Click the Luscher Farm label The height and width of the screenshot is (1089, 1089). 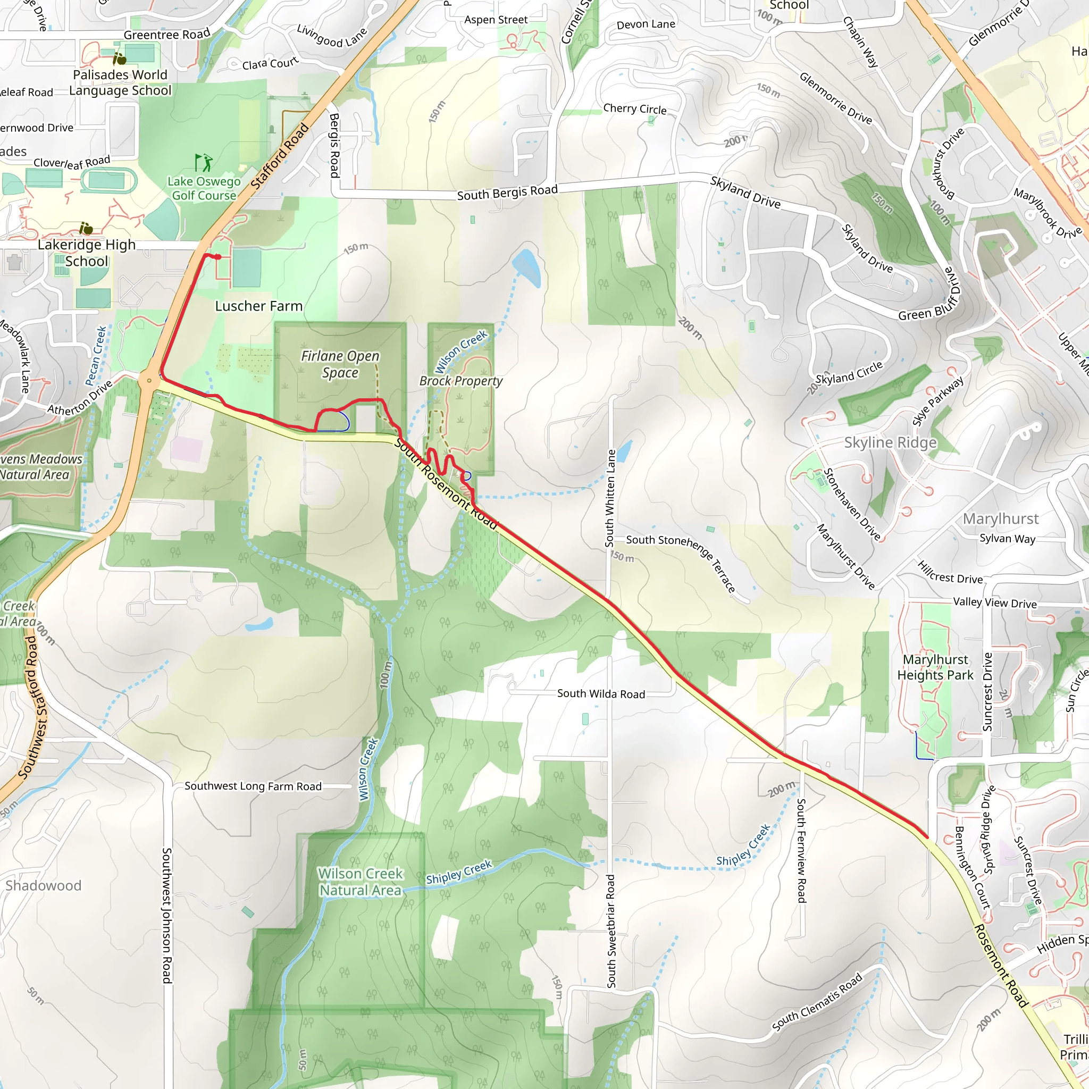[259, 306]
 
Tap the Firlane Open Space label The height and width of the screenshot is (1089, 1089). [340, 364]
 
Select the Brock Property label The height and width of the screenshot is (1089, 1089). [460, 381]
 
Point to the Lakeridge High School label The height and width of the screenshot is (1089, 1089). [86, 253]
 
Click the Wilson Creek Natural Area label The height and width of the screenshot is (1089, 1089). [360, 882]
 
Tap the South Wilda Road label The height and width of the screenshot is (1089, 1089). [601, 694]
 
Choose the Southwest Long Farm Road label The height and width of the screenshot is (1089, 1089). [253, 786]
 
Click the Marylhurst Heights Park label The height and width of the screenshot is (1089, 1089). [935, 667]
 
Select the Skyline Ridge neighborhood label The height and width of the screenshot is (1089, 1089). [890, 442]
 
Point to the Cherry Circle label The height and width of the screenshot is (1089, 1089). [635, 109]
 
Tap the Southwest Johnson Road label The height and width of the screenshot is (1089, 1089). [167, 916]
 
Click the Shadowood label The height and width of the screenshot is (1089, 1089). [44, 885]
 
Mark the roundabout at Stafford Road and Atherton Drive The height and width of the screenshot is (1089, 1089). [149, 381]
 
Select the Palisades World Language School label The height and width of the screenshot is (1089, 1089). [120, 82]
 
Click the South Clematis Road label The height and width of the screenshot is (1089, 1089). [817, 1003]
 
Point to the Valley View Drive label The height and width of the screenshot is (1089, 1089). [995, 602]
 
